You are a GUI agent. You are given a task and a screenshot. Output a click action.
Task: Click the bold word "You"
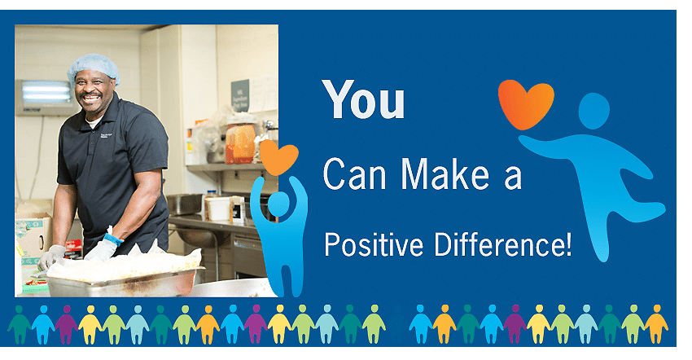pyautogui.click(x=363, y=99)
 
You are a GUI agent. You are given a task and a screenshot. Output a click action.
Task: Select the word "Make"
pyautogui.click(x=445, y=173)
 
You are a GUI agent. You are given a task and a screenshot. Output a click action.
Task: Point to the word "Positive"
pyautogui.click(x=374, y=244)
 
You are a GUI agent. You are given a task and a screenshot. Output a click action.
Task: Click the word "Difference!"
pyautogui.click(x=503, y=244)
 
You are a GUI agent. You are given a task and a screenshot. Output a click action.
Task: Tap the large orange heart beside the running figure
pyautogui.click(x=526, y=103)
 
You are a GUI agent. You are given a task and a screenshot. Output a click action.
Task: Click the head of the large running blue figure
pyautogui.click(x=594, y=111)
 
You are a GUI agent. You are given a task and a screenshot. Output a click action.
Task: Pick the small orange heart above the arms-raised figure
pyautogui.click(x=278, y=157)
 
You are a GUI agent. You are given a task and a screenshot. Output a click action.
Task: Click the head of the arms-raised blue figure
pyautogui.click(x=279, y=205)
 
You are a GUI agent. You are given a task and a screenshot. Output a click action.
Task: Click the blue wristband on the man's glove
pyautogui.click(x=113, y=239)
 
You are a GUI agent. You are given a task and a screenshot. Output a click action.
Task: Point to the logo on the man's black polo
pyautogui.click(x=106, y=135)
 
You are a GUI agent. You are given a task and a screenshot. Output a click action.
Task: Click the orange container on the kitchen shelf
pyautogui.click(x=240, y=143)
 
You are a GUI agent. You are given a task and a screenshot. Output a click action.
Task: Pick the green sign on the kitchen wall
pyautogui.click(x=240, y=95)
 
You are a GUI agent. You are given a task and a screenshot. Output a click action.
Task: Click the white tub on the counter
pyautogui.click(x=218, y=209)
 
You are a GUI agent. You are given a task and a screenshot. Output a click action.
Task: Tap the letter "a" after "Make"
pyautogui.click(x=513, y=178)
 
